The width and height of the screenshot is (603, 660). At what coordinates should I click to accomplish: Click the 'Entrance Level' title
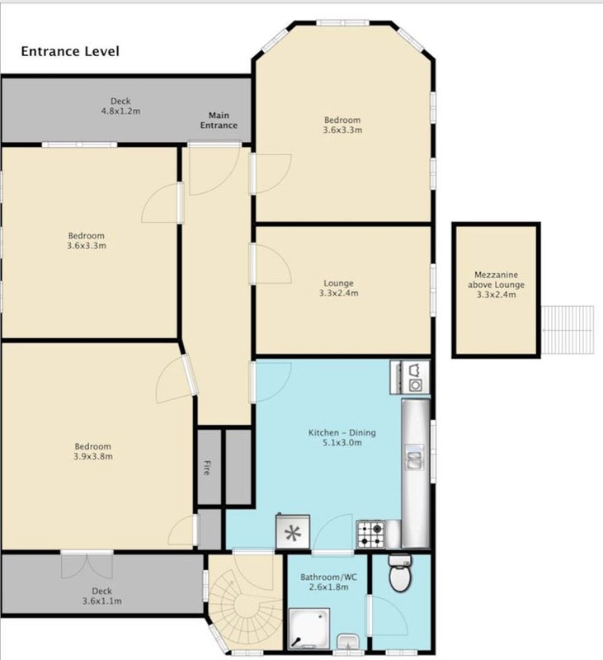coord(70,51)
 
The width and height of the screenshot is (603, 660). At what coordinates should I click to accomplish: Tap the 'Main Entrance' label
coord(219,120)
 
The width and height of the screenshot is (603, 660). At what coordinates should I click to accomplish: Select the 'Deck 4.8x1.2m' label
coord(120,106)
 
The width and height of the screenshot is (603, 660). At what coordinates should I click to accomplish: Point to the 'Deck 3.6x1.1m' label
coord(102,596)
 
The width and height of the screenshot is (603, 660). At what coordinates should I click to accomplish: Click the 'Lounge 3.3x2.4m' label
coord(339,288)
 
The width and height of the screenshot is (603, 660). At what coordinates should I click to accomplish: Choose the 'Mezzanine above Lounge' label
coord(496,284)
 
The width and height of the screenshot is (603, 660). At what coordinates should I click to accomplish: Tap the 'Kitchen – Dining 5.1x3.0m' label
coord(342,437)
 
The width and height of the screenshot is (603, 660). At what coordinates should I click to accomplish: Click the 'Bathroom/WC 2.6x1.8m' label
coord(328,582)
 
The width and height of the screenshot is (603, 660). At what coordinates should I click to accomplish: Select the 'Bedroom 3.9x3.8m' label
coord(93,451)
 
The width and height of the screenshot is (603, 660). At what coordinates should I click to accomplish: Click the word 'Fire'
coord(206,468)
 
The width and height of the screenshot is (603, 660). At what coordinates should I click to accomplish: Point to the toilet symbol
coord(400,573)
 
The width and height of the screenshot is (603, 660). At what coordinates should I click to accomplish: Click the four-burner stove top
coord(370,534)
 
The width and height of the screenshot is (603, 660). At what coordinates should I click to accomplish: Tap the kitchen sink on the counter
coord(415,457)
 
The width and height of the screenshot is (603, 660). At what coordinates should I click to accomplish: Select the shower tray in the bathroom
coord(309,628)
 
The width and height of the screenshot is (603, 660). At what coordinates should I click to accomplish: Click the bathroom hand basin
coord(349,642)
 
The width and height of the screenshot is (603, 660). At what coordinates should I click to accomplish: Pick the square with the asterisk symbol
coord(293,531)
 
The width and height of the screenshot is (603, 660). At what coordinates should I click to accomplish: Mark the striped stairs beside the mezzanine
coord(568,330)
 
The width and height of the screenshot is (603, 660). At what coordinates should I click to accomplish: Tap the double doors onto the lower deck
coord(87,564)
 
